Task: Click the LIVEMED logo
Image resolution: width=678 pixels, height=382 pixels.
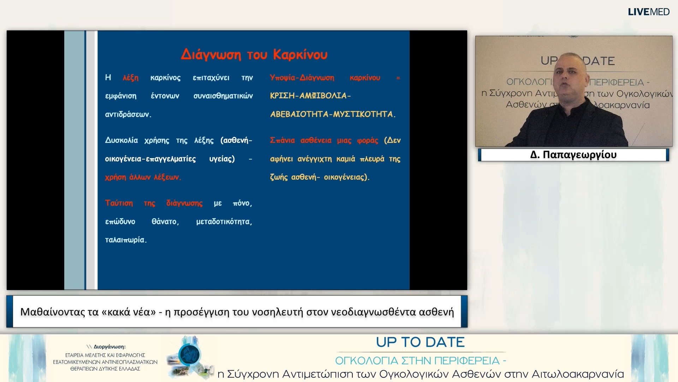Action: point(649,12)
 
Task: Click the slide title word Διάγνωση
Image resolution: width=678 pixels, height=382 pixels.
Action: point(211,54)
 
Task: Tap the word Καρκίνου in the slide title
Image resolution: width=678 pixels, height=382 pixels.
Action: point(300,54)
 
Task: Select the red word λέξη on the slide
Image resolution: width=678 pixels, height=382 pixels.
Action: point(131,78)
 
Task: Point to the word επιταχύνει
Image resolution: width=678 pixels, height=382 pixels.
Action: point(211,78)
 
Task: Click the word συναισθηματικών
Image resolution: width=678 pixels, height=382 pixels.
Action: point(223,96)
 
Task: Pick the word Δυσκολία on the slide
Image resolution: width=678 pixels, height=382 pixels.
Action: point(121,140)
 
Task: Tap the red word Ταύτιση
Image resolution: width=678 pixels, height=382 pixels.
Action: point(119,203)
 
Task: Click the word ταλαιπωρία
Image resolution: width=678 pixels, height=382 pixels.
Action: point(126,240)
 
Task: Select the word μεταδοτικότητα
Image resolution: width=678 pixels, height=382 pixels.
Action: point(224,221)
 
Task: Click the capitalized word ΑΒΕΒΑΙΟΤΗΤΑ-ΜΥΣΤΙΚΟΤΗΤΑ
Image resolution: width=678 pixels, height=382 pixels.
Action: point(333,114)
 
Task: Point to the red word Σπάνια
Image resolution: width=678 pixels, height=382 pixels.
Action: point(282,140)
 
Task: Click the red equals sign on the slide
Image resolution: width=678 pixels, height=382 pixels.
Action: point(398,78)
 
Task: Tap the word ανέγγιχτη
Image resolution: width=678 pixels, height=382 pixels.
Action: point(315,159)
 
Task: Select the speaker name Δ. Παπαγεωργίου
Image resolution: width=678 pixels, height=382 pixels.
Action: point(573,155)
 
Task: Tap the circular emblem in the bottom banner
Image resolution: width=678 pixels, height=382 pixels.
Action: point(190,355)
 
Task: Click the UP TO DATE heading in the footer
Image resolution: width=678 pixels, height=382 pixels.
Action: point(420,342)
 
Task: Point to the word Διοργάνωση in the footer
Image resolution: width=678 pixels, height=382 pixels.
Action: point(109,347)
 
